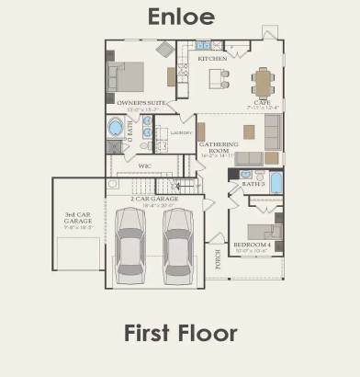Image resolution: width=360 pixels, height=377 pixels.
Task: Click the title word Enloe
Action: click(x=181, y=17)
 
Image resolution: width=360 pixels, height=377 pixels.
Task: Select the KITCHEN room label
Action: click(x=212, y=59)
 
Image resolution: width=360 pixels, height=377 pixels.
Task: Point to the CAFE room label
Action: click(x=262, y=102)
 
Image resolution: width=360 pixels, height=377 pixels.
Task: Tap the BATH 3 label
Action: click(x=253, y=184)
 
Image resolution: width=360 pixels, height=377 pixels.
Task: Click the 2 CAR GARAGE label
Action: click(x=154, y=199)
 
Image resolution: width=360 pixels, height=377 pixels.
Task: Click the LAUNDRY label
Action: click(x=181, y=132)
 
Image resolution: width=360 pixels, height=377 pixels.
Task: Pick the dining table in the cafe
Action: click(x=264, y=83)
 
